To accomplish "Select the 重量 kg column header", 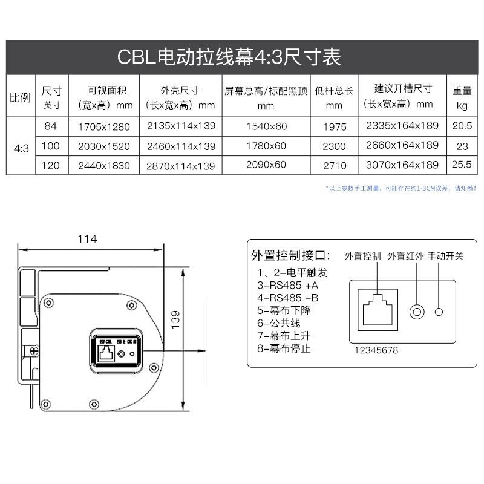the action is pos(462,97).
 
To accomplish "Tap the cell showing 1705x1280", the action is pos(104,127).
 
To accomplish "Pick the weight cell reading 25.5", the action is pos(462,165).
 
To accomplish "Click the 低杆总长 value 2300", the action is pos(335,146).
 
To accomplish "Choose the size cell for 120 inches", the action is pos(51,165).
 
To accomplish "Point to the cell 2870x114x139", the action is pos(181,165).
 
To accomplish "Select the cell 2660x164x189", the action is pos(402,146).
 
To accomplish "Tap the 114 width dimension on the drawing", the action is pos(87,239).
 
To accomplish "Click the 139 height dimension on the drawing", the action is pos(175,319).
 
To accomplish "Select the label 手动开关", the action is pos(445,256).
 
